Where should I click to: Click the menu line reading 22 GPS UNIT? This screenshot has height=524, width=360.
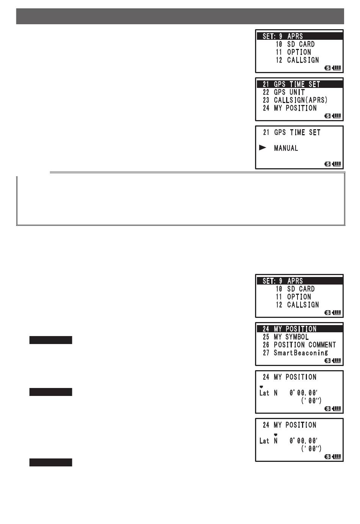coord(283,92)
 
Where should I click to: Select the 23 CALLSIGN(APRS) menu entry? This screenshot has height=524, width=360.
coord(295,100)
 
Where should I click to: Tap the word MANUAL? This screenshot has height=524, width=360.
coord(286,148)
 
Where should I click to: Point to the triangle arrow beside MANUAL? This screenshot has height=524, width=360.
coord(263,148)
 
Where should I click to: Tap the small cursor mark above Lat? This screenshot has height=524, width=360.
coord(261,387)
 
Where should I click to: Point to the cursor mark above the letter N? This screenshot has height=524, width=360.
coord(276,435)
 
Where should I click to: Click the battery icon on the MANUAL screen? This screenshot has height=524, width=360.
coord(337,164)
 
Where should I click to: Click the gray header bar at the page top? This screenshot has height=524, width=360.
coord(180,16)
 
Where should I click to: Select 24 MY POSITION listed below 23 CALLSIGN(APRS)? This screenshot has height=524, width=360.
coord(290,108)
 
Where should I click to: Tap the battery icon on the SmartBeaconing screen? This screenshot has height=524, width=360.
coord(337,360)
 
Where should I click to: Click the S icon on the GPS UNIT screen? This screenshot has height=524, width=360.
coord(328,116)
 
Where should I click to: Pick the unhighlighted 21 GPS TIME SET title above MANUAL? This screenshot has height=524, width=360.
coord(291,132)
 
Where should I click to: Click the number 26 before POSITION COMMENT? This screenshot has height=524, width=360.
coord(266,345)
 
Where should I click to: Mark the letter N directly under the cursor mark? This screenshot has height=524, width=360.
coord(276,441)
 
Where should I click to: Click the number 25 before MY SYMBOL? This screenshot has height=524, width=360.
coord(266,337)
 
